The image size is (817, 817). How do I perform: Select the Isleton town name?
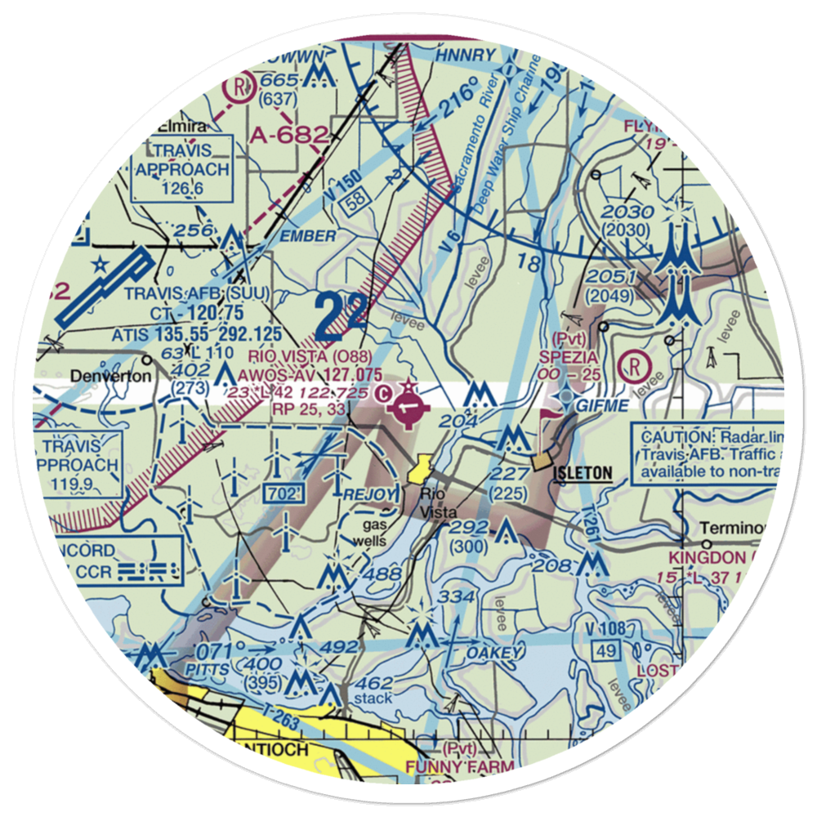click(x=583, y=472)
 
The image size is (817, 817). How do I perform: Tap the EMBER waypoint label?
click(x=306, y=236)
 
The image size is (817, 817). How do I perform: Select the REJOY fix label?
click(x=371, y=494)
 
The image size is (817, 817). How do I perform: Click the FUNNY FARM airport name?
click(x=462, y=766)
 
